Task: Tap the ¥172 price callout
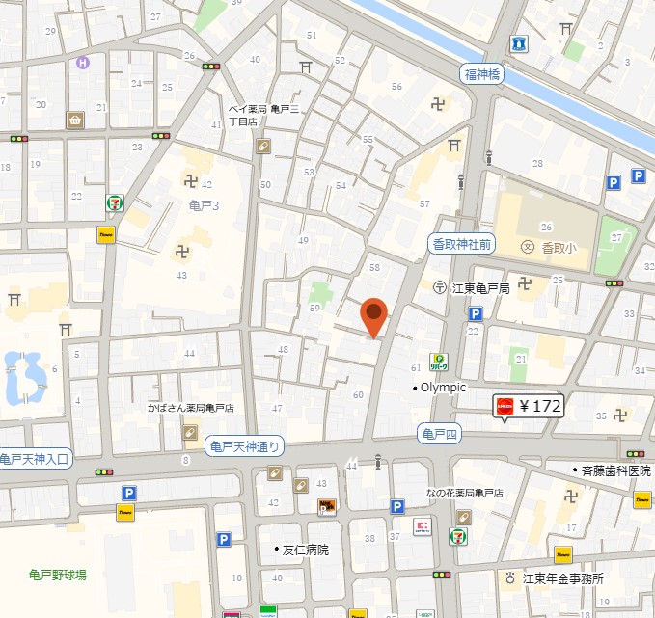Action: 528,406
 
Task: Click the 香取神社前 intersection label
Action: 460,245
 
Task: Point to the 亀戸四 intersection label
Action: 439,434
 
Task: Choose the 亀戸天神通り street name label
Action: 246,445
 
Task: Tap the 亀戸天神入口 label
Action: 34,459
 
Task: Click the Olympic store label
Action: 441,388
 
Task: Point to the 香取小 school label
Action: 549,247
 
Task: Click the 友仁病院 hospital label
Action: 302,550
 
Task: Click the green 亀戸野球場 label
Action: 57,575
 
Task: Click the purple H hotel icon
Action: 84,63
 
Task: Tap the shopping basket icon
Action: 74,120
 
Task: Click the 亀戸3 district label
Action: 204,205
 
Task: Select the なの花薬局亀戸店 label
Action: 465,493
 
